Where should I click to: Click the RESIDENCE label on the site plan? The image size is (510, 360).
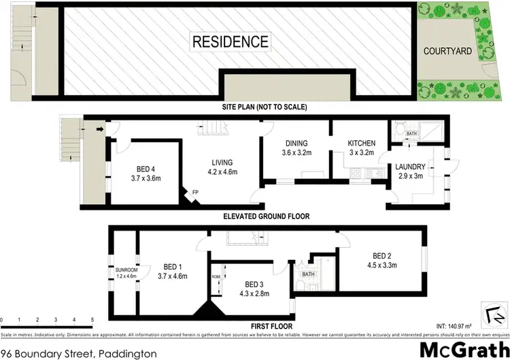[x=231, y=41]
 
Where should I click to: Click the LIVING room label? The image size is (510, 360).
[x=222, y=163]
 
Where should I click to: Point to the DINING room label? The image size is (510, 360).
[x=296, y=144]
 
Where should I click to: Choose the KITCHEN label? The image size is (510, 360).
[x=361, y=144]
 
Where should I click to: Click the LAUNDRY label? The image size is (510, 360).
[x=411, y=167]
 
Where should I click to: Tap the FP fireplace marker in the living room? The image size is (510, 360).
[x=195, y=193]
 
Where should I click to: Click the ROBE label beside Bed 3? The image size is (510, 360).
[x=216, y=278]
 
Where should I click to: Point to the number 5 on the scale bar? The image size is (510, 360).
[x=92, y=318]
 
